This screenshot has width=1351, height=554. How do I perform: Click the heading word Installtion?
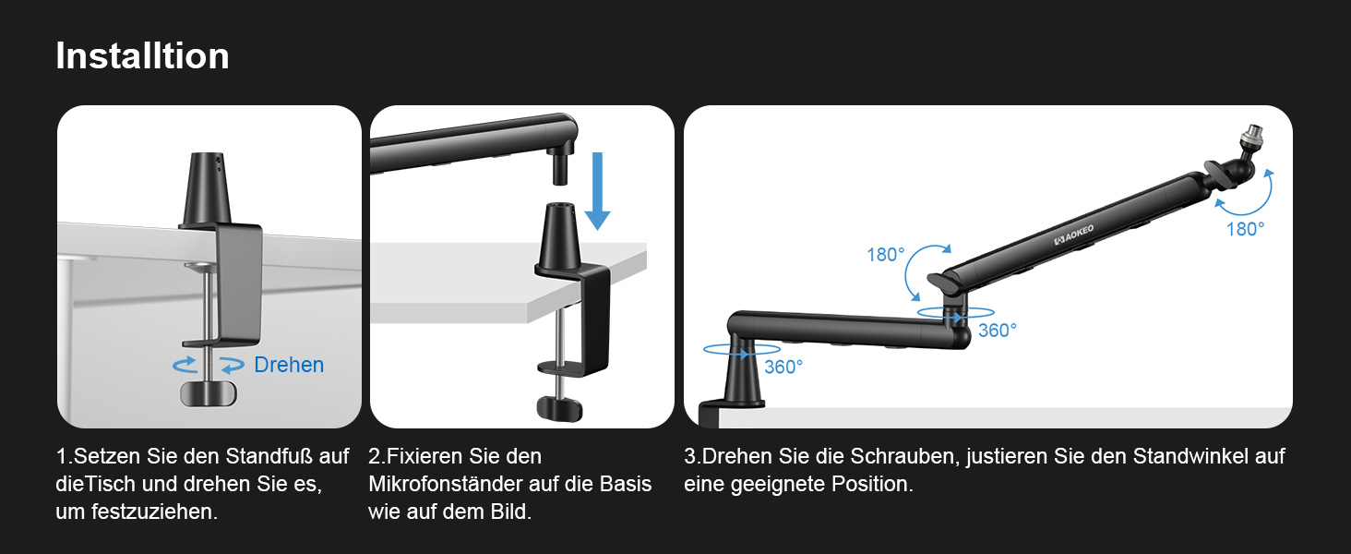[142, 56]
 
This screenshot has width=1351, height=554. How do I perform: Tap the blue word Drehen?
[289, 365]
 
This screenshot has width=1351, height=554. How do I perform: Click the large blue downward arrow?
[598, 191]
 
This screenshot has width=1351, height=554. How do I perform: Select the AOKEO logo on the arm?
[1073, 235]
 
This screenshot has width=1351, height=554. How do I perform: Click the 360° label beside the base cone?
[783, 367]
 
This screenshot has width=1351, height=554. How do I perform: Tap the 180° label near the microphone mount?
[1246, 229]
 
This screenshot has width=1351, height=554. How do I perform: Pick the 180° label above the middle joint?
[885, 255]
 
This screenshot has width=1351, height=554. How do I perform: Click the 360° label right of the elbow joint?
[998, 331]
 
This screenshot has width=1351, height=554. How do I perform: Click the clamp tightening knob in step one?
[209, 393]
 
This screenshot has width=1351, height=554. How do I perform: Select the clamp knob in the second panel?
[560, 409]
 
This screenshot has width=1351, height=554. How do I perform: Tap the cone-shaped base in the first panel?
[207, 188]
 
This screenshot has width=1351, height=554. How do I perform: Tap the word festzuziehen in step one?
[154, 512]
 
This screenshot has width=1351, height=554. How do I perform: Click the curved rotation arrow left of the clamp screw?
[185, 364]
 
